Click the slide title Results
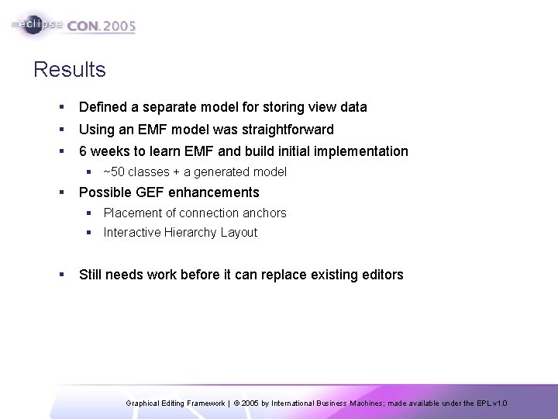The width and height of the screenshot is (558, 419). tap(70, 71)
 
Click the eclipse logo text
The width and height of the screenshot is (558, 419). tap(38, 24)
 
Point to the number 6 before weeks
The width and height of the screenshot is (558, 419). tap(83, 151)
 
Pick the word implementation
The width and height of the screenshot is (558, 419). tap(361, 151)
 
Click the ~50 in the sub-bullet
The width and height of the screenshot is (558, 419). tap(113, 172)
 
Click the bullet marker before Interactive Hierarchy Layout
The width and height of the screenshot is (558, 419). tap(89, 233)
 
